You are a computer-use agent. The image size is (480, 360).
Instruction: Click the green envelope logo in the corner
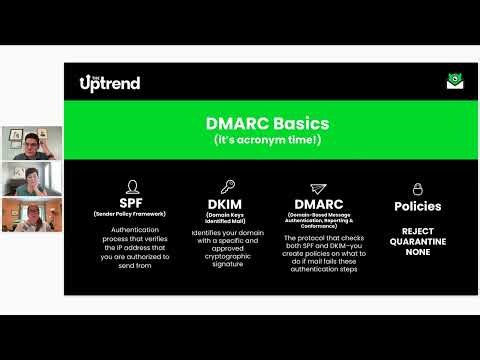455,82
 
